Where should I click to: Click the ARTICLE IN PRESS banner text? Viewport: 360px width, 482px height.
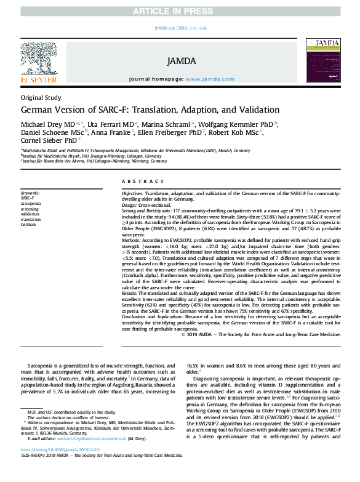[180, 6]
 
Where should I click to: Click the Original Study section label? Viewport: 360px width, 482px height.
[41, 98]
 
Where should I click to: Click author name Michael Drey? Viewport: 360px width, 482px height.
[42, 124]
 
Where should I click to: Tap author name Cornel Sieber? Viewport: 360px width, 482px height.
[41, 139]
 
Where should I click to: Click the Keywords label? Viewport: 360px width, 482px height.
[31, 193]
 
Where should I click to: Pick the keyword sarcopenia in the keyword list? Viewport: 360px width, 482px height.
[31, 203]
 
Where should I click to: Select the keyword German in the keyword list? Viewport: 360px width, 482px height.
[28, 225]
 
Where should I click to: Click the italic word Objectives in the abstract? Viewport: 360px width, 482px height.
[132, 193]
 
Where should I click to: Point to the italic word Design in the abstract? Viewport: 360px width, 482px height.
[129, 204]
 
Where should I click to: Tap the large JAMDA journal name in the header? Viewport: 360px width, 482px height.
[181, 61]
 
